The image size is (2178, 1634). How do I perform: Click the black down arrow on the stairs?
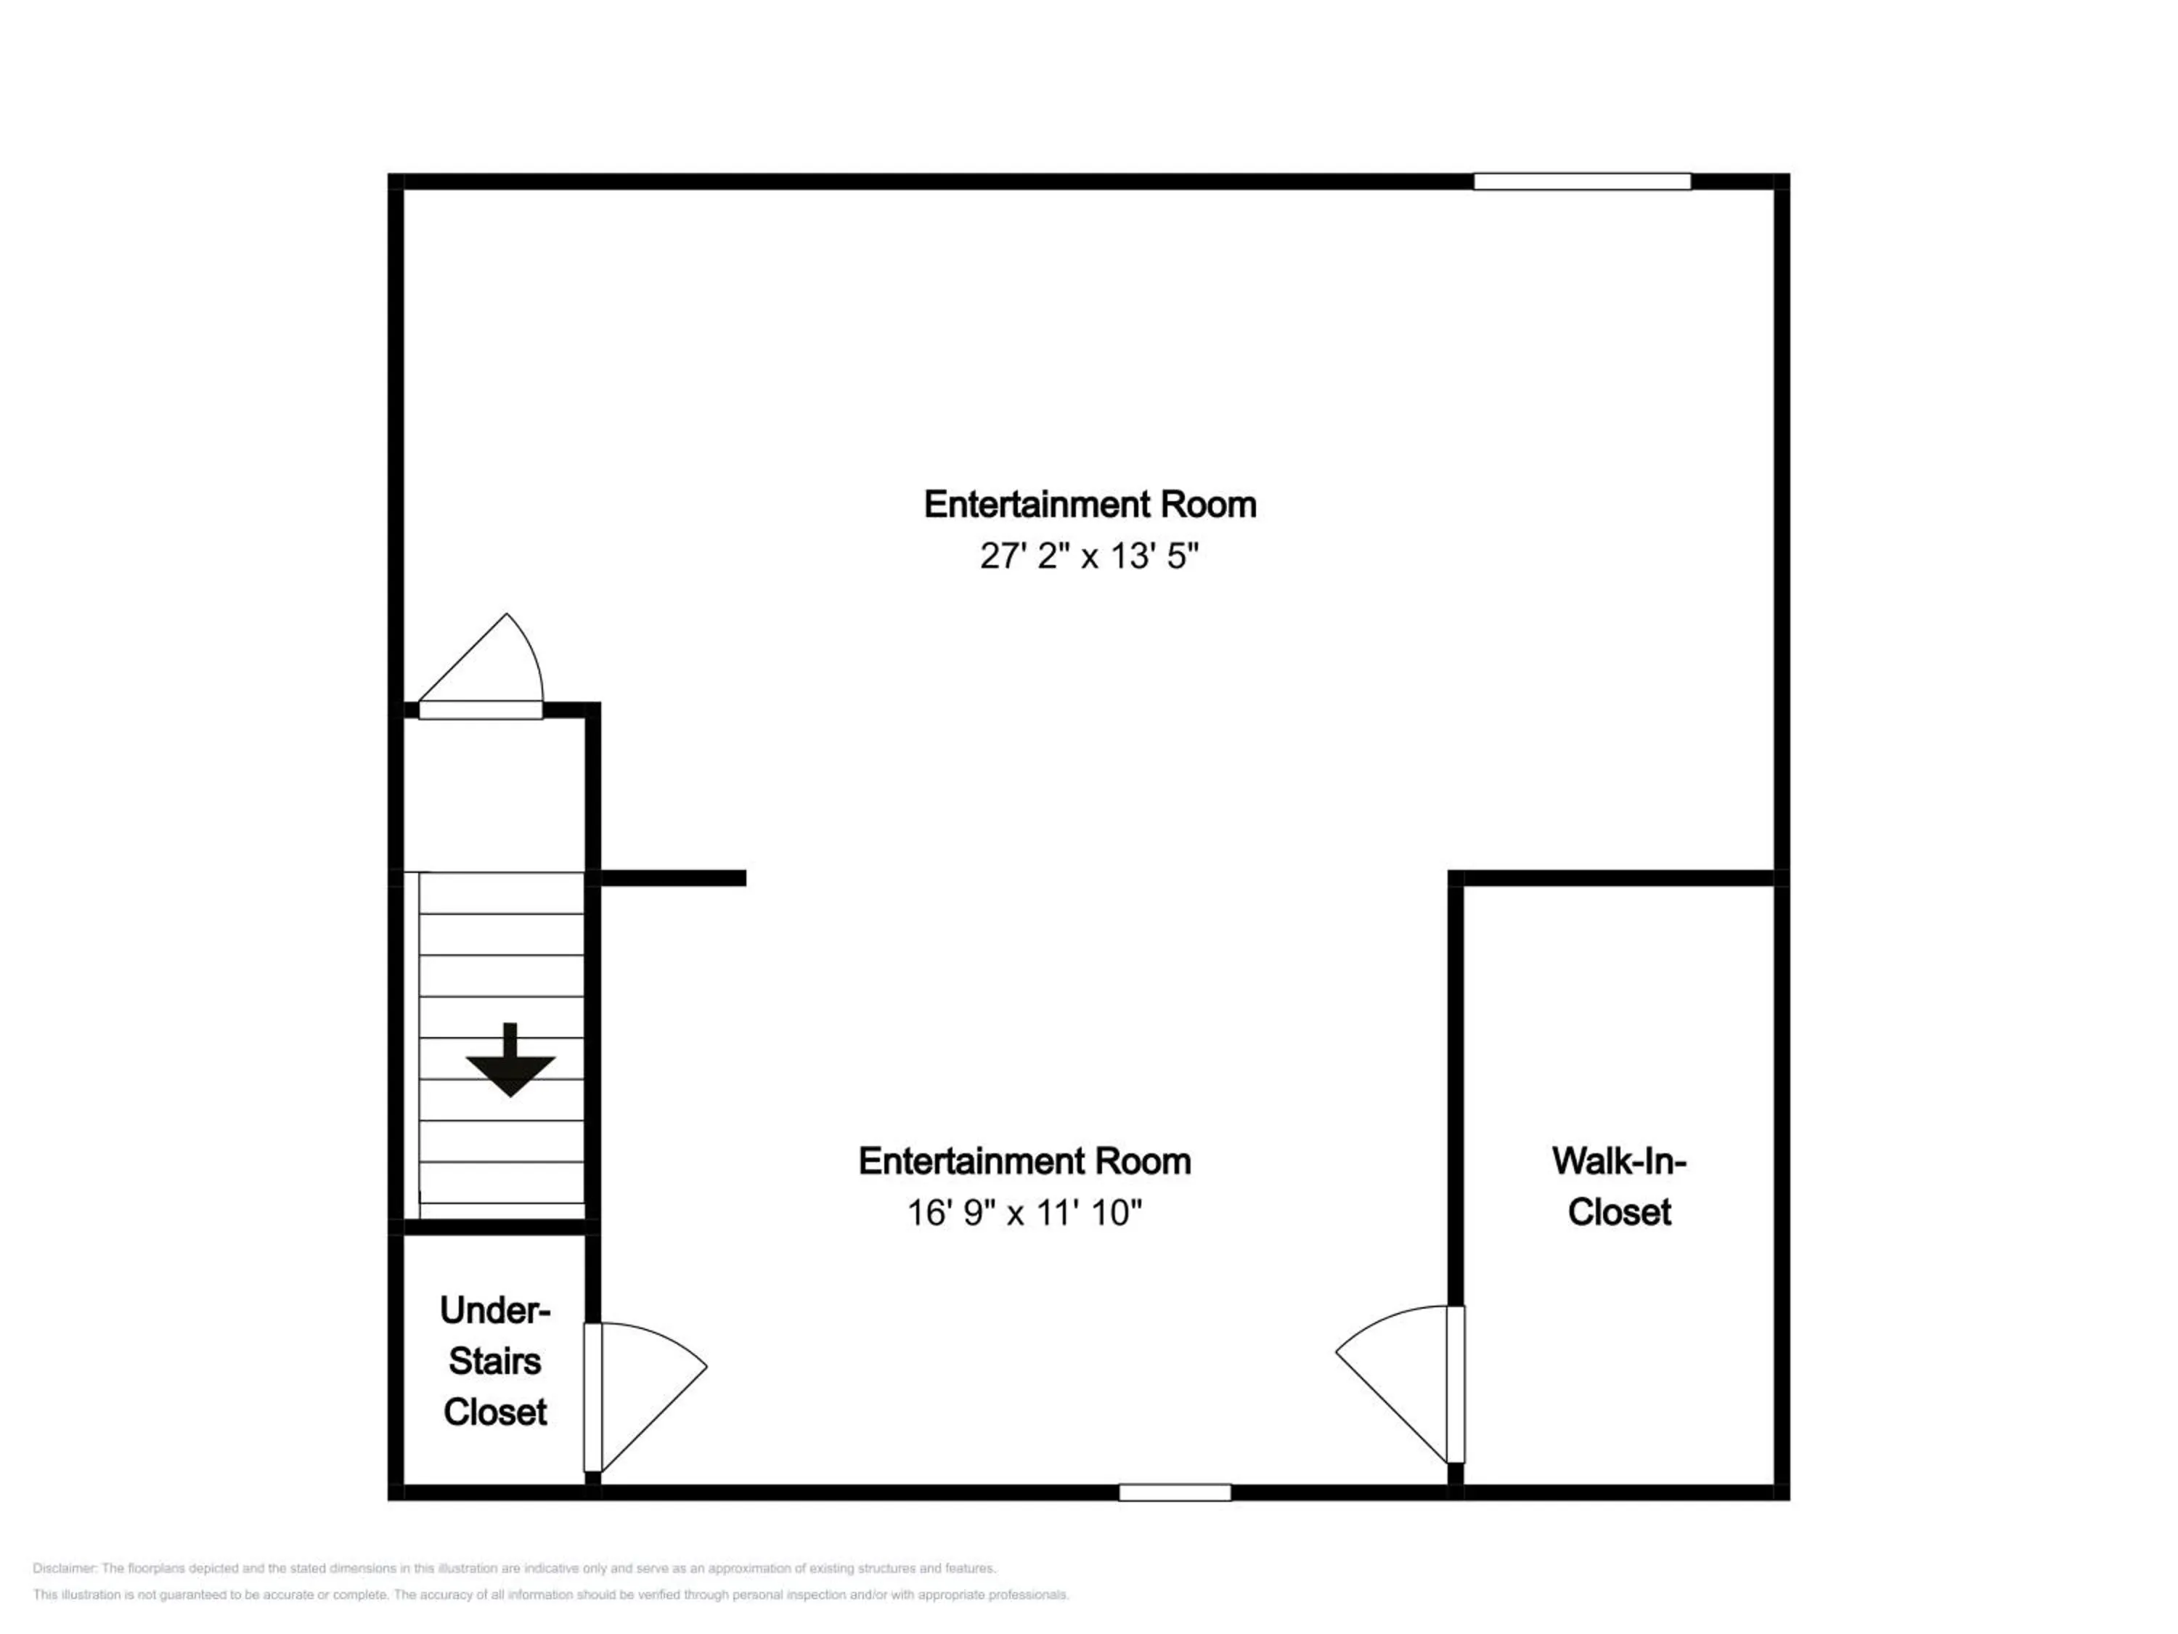click(x=510, y=1061)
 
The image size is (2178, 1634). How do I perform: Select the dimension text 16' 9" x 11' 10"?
click(x=1024, y=1213)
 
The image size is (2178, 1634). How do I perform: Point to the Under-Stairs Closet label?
click(x=494, y=1361)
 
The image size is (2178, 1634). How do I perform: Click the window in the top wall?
click(x=1581, y=182)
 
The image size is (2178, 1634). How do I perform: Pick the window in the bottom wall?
click(x=1175, y=1492)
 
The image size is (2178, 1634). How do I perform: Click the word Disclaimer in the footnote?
click(x=64, y=1568)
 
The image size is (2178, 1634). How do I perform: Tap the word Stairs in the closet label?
click(x=494, y=1361)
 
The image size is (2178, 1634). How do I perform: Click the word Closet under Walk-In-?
click(x=1619, y=1213)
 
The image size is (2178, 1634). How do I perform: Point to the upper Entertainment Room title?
click(x=1089, y=504)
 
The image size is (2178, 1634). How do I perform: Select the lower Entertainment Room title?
click(x=1024, y=1161)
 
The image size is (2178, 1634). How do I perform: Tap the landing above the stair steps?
click(x=494, y=794)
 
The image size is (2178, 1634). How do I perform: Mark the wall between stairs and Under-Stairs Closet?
click(x=494, y=1227)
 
